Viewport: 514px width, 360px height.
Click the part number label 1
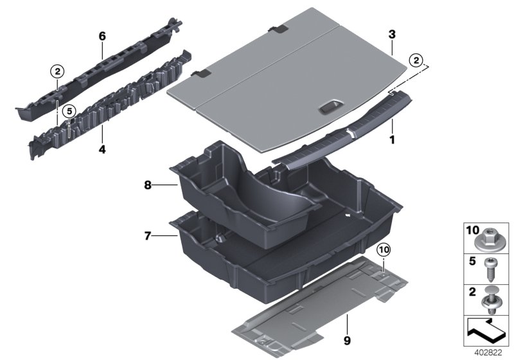coord(393,138)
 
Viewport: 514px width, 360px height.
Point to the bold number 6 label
coord(102,37)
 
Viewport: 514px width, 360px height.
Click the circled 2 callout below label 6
coord(57,70)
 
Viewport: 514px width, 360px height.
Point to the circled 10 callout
coord(383,249)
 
